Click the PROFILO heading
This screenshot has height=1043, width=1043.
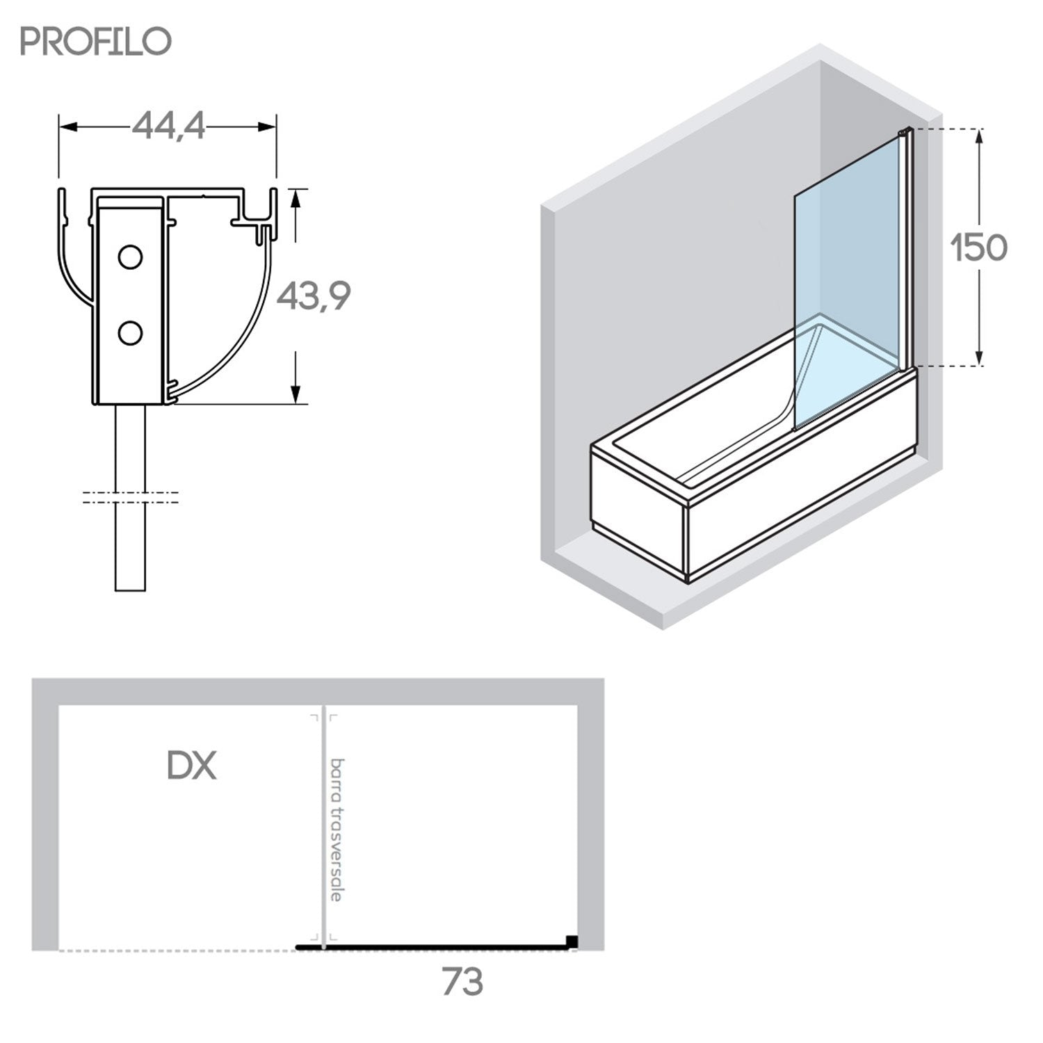pos(95,42)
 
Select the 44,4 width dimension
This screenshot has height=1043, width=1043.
pos(169,127)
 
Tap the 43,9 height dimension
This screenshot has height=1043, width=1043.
pos(314,297)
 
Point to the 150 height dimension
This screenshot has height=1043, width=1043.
pos(980,248)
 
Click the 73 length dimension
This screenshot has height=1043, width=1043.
pos(462,981)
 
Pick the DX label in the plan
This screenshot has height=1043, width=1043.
pos(192,766)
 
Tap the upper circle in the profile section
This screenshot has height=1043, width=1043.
pos(130,257)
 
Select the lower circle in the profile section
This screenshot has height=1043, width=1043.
pos(130,333)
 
